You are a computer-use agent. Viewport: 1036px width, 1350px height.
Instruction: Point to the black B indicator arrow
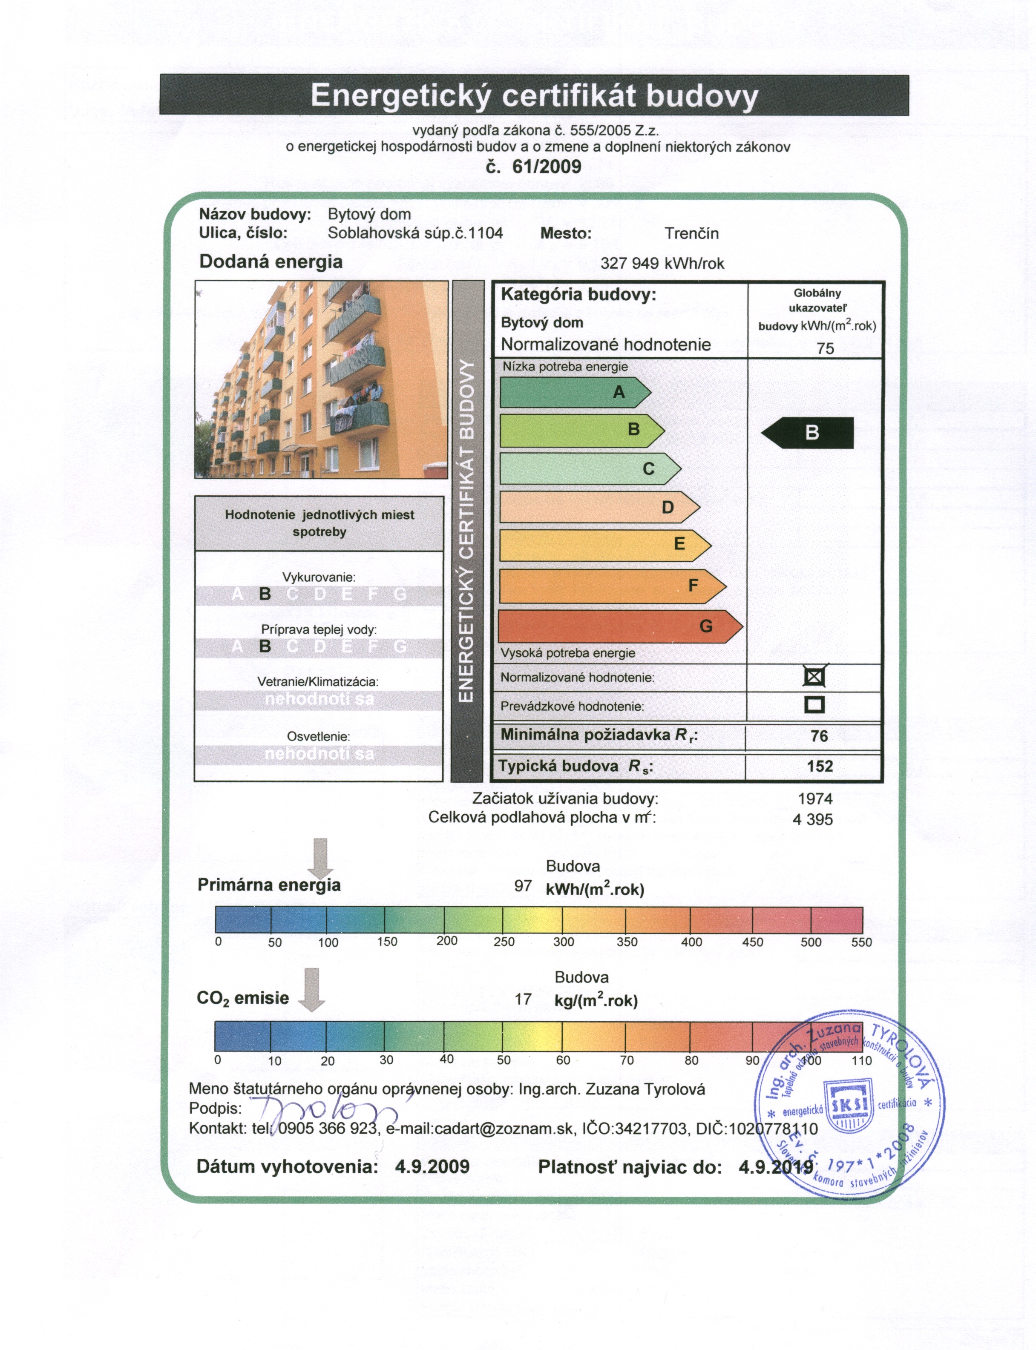coord(808,433)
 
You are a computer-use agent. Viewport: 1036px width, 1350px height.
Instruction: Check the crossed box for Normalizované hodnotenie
coord(814,677)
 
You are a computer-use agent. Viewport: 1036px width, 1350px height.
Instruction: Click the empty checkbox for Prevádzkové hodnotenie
coord(814,704)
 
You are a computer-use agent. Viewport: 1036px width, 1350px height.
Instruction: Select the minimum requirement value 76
coord(819,736)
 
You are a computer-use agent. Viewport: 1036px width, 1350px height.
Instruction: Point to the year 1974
coord(814,799)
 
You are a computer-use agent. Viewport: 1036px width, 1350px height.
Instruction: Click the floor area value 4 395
coord(812,819)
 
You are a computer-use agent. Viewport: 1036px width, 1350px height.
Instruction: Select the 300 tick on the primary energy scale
coord(563,942)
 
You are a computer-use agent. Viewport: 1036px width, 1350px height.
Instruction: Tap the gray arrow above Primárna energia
coord(321,857)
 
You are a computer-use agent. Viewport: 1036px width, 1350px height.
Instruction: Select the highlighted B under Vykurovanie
coord(265,594)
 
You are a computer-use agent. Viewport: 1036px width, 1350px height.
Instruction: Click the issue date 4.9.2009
coord(432,1166)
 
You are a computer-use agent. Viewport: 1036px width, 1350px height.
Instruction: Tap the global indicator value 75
coord(825,348)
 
